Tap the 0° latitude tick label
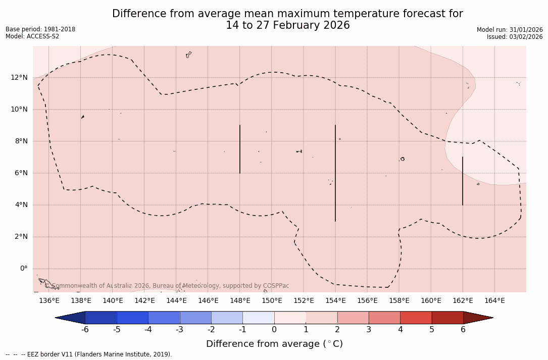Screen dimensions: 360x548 [23, 269]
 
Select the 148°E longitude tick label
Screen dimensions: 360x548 [240, 301]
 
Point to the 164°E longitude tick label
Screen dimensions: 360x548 [494, 301]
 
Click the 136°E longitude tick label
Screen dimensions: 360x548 [49, 301]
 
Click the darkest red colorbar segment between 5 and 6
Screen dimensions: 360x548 [447, 318]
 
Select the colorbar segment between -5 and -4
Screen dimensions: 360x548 [133, 318]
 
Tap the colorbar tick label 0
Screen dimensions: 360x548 [274, 330]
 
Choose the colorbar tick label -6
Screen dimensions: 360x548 [85, 330]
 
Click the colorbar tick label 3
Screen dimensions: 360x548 [369, 330]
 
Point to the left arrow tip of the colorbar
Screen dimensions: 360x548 [56, 318]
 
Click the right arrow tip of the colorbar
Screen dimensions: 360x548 [492, 318]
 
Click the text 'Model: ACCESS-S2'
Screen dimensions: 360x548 [32, 36]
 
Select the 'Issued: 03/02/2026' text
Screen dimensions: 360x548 [515, 37]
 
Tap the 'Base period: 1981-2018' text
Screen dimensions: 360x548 [40, 29]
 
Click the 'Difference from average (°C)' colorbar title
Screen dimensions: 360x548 [274, 344]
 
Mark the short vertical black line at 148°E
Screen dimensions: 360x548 [240, 149]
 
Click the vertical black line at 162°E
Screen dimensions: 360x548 [463, 181]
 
